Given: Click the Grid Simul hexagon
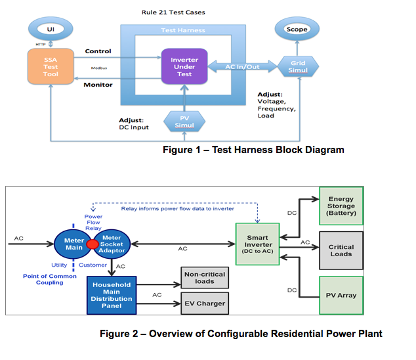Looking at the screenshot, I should tap(297, 66).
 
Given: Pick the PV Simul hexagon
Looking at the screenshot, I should tap(184, 120).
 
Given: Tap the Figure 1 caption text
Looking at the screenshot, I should tap(253, 150).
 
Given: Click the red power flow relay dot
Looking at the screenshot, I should tap(93, 245).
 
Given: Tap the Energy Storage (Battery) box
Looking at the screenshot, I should tap(341, 204).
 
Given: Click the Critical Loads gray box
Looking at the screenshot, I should tap(341, 250).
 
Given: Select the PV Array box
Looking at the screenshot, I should tap(341, 295).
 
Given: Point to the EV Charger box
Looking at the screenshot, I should tap(204, 303).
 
